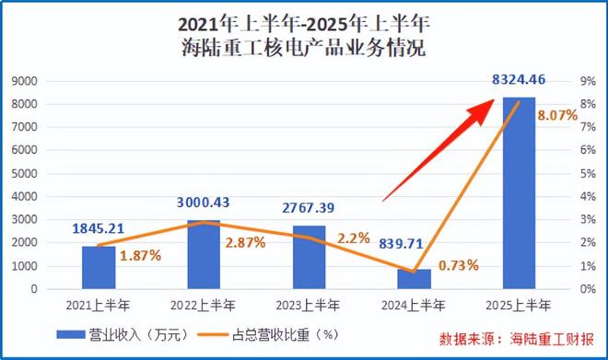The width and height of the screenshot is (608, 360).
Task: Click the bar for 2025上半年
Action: tap(519, 193)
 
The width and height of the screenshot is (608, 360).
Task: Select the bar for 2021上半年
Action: tap(99, 267)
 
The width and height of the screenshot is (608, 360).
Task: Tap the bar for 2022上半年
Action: tap(204, 254)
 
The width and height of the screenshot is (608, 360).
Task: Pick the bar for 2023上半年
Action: tap(309, 257)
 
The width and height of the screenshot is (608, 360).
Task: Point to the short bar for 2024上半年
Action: tap(414, 279)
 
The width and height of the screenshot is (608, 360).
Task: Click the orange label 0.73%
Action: tap(458, 265)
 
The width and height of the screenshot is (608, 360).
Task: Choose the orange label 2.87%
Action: tap(244, 242)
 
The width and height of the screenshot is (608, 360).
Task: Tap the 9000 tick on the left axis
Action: tap(49, 81)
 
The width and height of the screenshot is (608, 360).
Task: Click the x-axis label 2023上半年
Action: tap(309, 305)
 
